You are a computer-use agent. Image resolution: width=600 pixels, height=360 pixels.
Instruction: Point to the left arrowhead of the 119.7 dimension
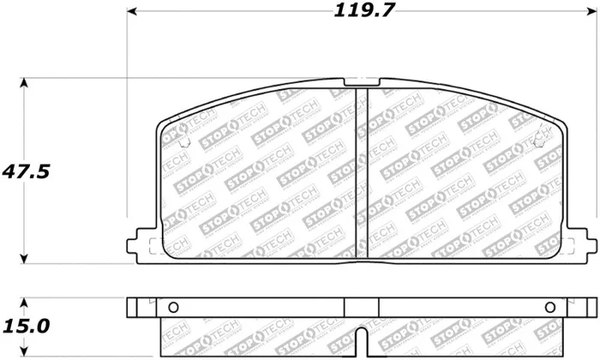pos(132,12)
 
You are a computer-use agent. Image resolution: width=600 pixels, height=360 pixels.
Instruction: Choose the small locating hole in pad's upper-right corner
pos(542,140)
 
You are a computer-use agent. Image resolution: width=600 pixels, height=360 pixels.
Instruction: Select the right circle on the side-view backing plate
pos(549,308)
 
